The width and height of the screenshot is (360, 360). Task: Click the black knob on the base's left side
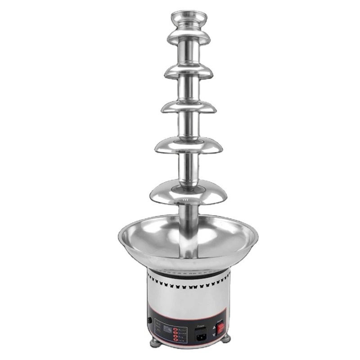[x=149, y=321]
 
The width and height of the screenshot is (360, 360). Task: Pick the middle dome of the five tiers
[x=189, y=107]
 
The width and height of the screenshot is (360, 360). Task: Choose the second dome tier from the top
[x=189, y=71]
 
